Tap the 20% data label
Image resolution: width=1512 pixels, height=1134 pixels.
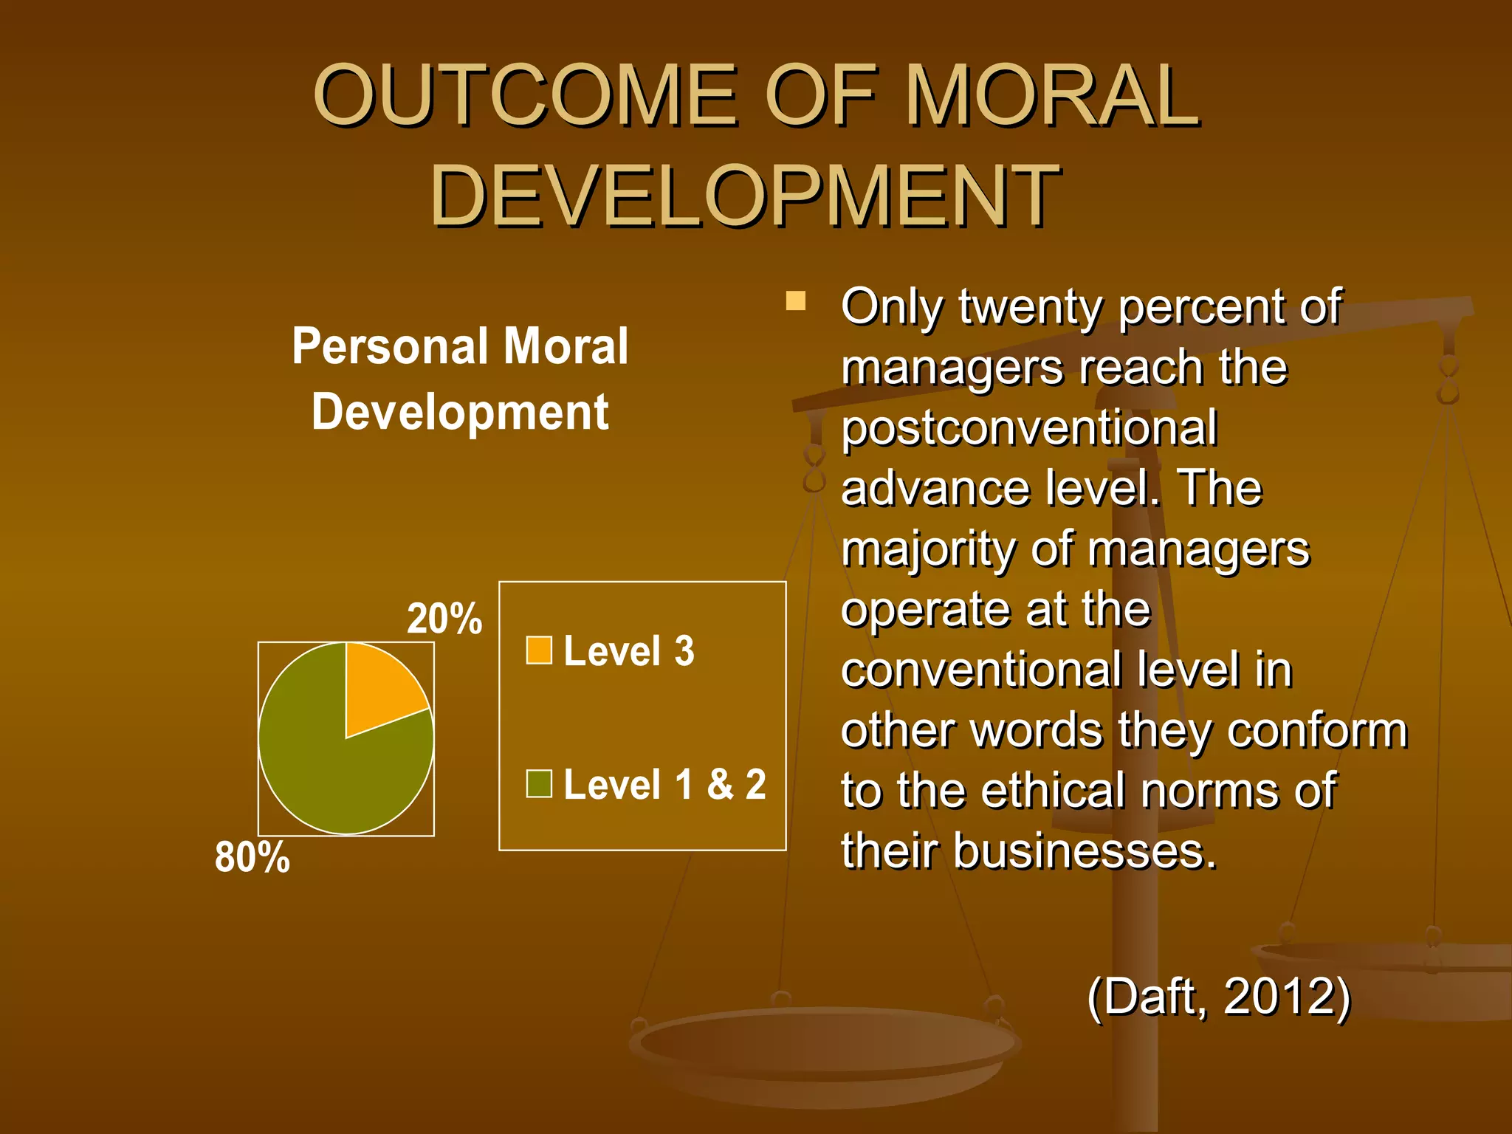(x=444, y=619)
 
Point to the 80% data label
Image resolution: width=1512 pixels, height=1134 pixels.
(x=252, y=857)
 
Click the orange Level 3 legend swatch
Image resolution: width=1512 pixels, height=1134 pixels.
(x=539, y=650)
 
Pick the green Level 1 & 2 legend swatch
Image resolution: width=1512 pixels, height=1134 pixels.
(x=539, y=784)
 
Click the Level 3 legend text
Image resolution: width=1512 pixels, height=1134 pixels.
(x=629, y=651)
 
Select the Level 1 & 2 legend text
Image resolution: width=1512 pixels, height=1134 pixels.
(x=664, y=784)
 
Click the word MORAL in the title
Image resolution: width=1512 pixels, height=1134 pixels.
(x=1051, y=96)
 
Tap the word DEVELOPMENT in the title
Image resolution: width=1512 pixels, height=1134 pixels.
(x=746, y=196)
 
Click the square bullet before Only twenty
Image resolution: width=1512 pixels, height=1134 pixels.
(x=795, y=301)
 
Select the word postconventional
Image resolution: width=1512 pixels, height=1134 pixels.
(x=1029, y=428)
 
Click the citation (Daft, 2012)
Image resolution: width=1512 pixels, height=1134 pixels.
(x=1219, y=997)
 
